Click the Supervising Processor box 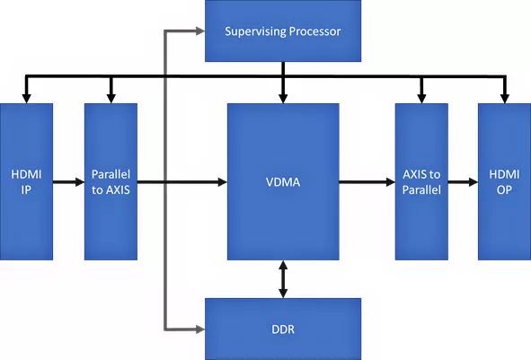coord(283,31)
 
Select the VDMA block coord(283,181)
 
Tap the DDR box coord(283,329)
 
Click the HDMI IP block coord(26,181)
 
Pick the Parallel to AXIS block coord(111,181)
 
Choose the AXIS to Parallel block coord(421,181)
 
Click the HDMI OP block coord(504,181)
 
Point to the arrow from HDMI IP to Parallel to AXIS coord(68,182)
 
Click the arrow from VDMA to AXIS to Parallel coord(367,182)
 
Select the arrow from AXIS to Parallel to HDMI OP coord(463,182)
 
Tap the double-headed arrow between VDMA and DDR coord(283,279)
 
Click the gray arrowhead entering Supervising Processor coord(200,31)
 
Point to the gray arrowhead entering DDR coord(200,329)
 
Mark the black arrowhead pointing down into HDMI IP coord(26,99)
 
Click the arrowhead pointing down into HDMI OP coord(505,99)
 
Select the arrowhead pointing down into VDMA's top coord(283,99)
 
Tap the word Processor coord(315,31)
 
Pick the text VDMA coord(283,182)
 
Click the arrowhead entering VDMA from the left coord(223,182)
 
